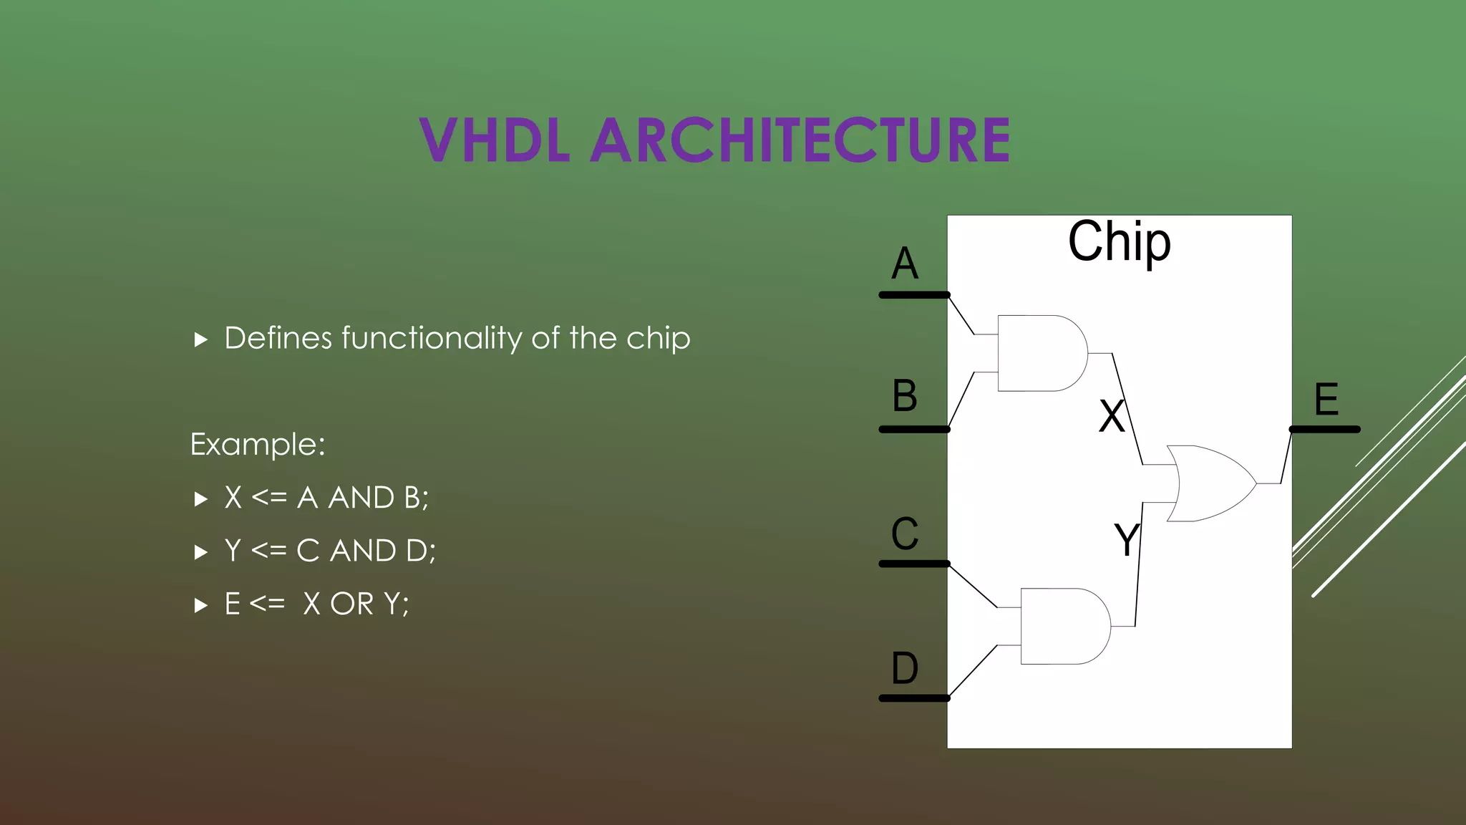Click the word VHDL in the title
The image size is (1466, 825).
tap(495, 140)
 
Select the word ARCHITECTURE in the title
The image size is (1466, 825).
tap(800, 140)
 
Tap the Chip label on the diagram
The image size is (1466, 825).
tap(1119, 242)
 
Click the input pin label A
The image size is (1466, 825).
tap(905, 264)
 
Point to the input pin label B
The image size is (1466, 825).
tap(905, 396)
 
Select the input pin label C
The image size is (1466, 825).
tap(905, 534)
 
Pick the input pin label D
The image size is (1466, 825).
tap(905, 668)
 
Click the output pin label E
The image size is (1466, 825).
tap(1326, 400)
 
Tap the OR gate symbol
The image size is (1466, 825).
tap(1210, 483)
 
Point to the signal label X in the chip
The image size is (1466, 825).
tap(1112, 416)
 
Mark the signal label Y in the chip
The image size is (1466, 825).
tap(1127, 539)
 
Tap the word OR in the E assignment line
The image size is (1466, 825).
tap(352, 604)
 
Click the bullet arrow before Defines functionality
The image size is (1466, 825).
tap(200, 339)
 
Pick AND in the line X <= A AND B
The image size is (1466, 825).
tap(361, 498)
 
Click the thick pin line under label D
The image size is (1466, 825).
tap(914, 698)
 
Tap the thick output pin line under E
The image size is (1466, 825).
tap(1324, 430)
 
